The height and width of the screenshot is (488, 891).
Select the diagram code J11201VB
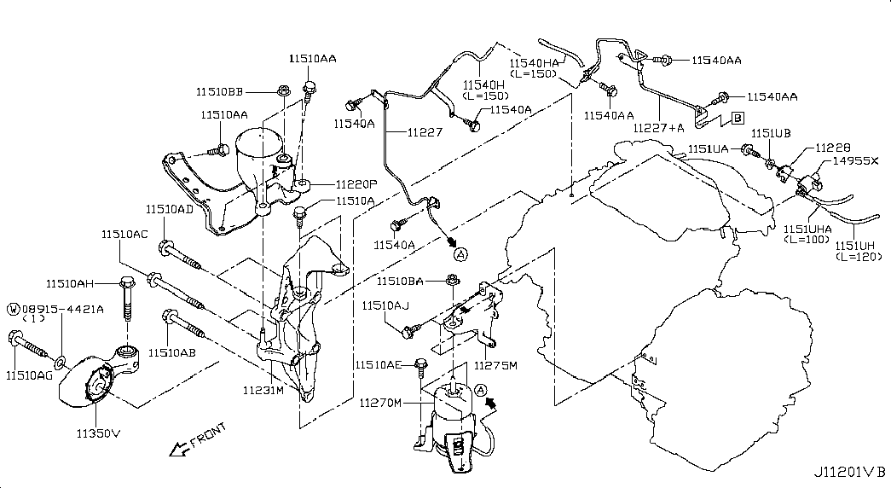coord(850,472)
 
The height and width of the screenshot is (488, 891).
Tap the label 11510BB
coord(220,92)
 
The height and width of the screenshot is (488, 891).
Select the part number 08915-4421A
coord(62,308)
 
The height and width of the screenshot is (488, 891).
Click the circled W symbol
coord(14,308)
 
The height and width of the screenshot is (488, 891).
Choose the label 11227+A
coord(659,128)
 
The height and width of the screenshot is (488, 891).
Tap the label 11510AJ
coord(387,305)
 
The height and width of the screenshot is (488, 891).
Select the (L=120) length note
coord(859,257)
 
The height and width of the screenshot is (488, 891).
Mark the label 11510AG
coord(31,375)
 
